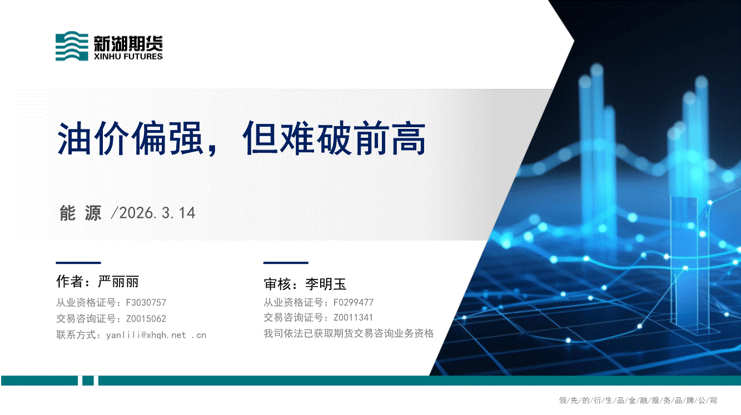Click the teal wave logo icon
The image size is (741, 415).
click(72, 46)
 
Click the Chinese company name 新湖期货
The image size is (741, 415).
click(128, 44)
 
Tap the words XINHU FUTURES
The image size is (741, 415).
click(128, 57)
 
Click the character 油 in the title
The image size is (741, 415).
click(74, 138)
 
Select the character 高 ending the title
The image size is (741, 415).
click(409, 138)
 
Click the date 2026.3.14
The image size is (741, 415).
click(157, 213)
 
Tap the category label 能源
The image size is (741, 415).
click(81, 213)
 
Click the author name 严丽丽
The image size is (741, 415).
click(118, 282)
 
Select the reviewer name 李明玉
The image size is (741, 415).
click(326, 284)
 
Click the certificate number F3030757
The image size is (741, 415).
click(146, 303)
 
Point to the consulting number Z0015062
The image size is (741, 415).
click(146, 319)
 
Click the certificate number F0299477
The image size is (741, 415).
click(354, 302)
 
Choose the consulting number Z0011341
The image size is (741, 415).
click(353, 317)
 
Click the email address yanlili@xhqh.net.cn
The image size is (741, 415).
click(156, 335)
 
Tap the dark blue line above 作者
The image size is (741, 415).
click(78, 263)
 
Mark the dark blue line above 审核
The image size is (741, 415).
click(286, 263)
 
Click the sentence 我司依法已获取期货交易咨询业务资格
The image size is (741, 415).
click(349, 333)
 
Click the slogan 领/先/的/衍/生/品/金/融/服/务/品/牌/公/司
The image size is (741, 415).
click(638, 401)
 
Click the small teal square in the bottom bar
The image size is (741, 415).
click(88, 381)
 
